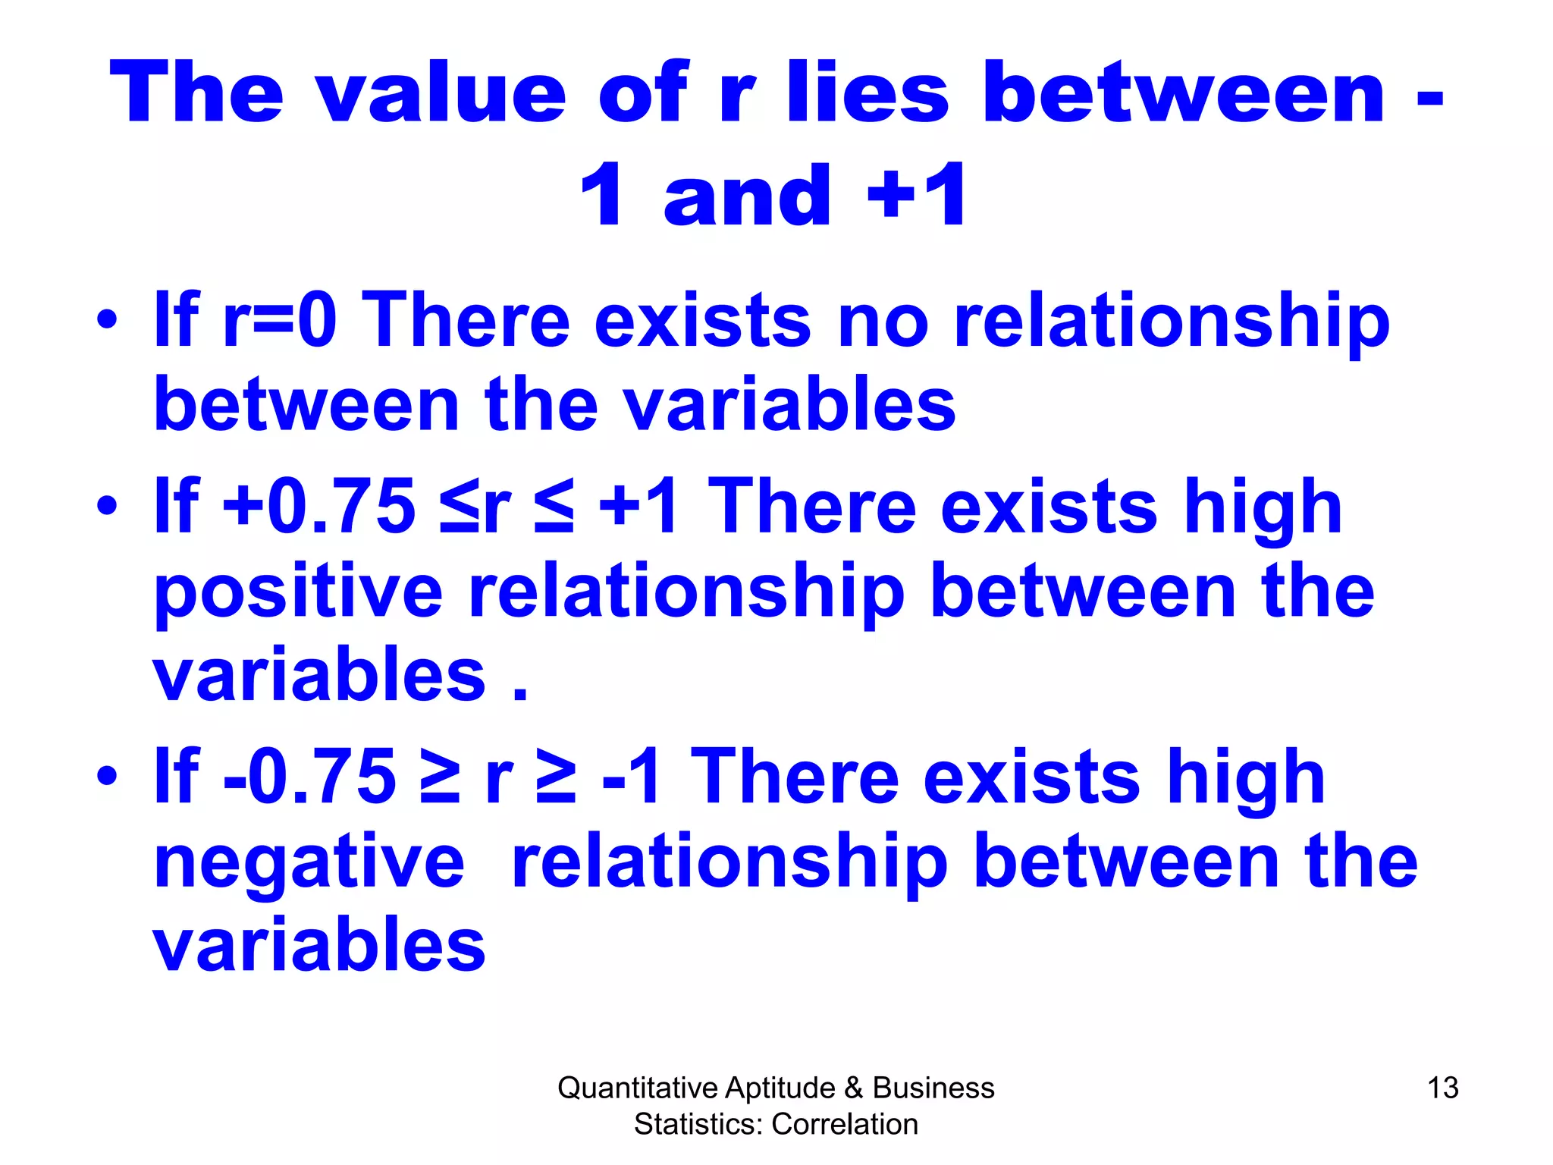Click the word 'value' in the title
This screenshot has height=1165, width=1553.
tap(440, 93)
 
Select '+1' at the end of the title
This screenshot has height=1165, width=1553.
tap(918, 196)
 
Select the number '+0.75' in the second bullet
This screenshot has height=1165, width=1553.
tap(319, 507)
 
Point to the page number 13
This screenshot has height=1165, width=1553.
tap(1442, 1088)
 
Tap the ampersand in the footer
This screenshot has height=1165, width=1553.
tap(853, 1088)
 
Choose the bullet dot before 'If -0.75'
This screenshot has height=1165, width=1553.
tap(107, 775)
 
